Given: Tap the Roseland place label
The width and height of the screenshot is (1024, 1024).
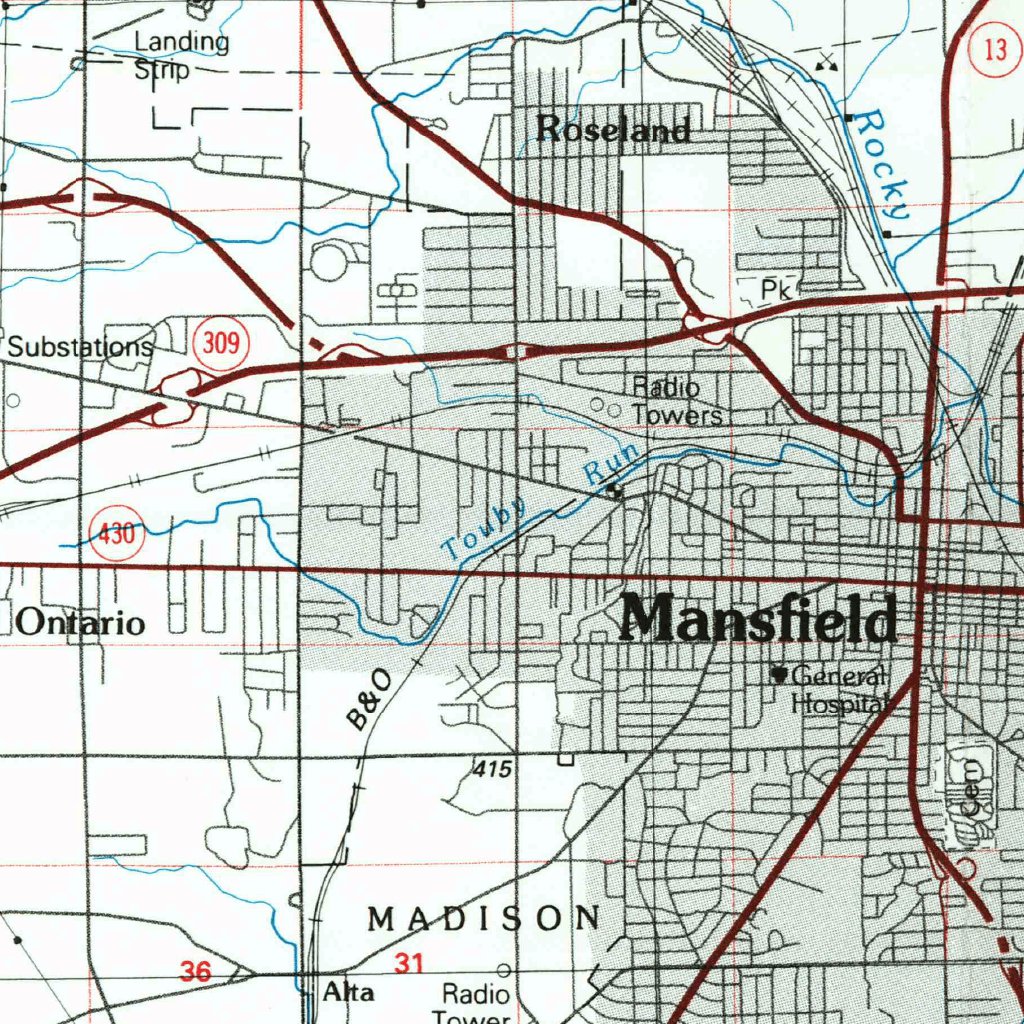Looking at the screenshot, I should (613, 129).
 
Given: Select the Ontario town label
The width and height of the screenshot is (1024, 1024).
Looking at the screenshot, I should (81, 623).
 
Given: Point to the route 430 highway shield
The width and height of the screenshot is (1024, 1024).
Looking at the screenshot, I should (117, 534).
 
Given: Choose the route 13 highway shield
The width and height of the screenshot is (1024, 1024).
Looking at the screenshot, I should (994, 50).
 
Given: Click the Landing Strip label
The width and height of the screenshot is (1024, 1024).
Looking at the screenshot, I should (180, 56).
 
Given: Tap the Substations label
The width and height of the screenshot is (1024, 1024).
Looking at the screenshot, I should (81, 347).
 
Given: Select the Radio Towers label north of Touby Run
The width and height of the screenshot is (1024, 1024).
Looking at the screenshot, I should (674, 401).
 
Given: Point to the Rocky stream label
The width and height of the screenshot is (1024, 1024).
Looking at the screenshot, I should (885, 165).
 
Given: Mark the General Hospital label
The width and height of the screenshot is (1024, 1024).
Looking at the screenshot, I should (836, 690).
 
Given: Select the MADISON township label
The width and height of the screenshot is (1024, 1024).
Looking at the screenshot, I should (484, 918).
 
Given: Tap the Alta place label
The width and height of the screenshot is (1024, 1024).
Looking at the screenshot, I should (349, 993).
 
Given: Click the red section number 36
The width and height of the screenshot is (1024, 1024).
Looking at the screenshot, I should (196, 970).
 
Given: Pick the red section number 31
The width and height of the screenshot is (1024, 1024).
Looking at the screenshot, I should (409, 964).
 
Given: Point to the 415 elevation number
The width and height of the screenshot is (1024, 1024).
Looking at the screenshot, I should (493, 769).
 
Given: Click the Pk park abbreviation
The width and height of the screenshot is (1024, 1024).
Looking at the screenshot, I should (775, 290).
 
